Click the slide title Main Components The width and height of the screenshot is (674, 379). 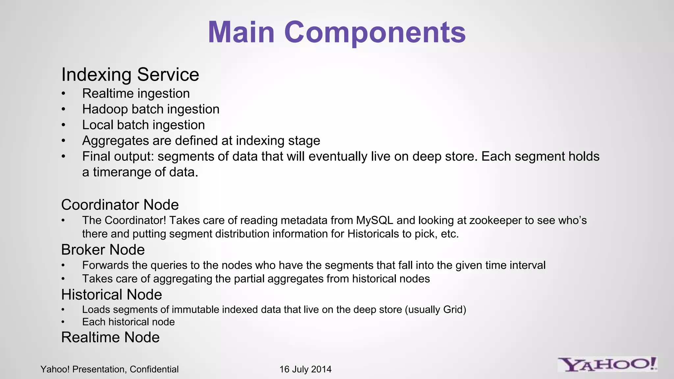point(337,32)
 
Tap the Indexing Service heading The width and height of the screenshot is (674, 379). point(130,75)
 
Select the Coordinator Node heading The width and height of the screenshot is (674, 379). point(120,205)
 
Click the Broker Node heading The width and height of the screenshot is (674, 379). point(103,250)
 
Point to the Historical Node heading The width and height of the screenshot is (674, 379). point(112,294)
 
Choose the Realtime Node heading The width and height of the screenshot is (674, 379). point(110,337)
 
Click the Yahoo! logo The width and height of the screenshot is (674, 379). point(607,365)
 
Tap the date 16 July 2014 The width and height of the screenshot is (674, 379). point(305,369)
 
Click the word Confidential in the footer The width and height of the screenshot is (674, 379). point(154,369)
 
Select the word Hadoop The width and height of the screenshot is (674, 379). point(105,109)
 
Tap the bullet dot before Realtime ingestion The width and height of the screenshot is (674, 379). point(64,94)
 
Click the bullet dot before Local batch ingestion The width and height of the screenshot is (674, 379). point(64,125)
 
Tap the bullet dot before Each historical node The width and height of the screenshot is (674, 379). point(64,322)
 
